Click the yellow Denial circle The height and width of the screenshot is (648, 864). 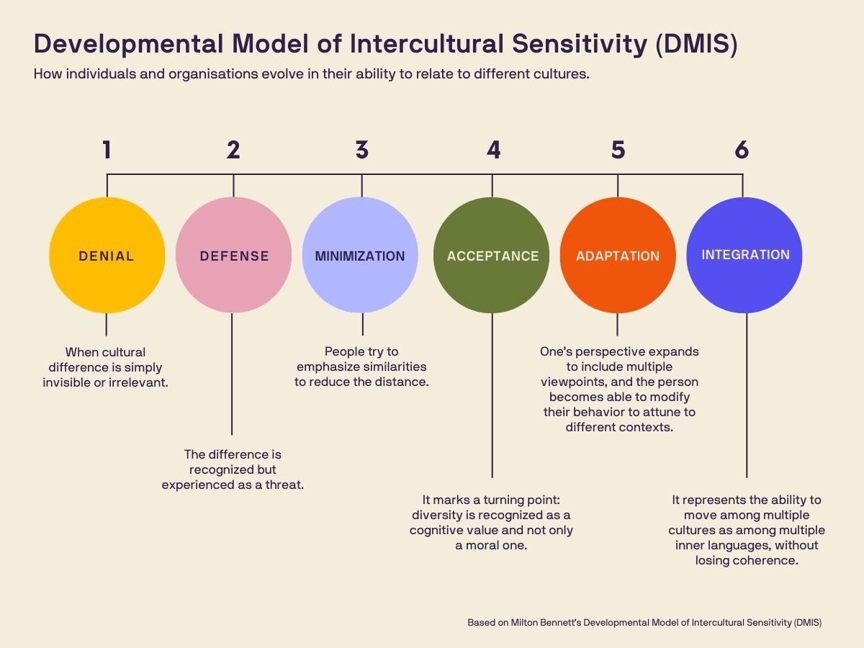107,255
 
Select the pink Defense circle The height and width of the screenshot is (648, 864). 233,255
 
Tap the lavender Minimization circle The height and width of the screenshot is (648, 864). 360,255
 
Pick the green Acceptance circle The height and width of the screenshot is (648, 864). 492,255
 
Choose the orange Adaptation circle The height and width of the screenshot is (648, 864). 618,255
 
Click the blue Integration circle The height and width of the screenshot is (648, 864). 744,255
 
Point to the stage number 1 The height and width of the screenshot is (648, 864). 107,150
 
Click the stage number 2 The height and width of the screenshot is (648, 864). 233,150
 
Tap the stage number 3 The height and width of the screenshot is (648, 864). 361,150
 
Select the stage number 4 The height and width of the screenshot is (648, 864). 493,150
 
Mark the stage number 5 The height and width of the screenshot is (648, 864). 618,150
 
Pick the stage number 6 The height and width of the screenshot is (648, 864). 742,150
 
